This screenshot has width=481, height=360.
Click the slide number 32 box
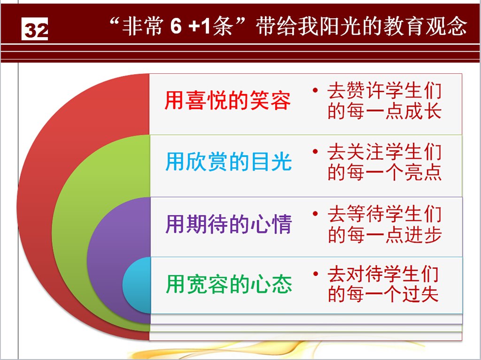pos(35,29)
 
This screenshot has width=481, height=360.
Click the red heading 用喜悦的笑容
pos(227,100)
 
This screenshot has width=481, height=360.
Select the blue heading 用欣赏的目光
pos(228,161)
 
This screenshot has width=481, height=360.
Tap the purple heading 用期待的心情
pos(228,224)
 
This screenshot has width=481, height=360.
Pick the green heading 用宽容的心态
pos(229,284)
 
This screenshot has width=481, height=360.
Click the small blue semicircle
pos(137,285)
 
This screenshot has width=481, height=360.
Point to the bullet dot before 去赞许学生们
pos(315,90)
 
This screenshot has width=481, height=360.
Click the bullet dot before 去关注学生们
pos(315,152)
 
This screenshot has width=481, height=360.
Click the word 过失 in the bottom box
pos(420,294)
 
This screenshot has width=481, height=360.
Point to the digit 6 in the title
pos(176,26)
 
